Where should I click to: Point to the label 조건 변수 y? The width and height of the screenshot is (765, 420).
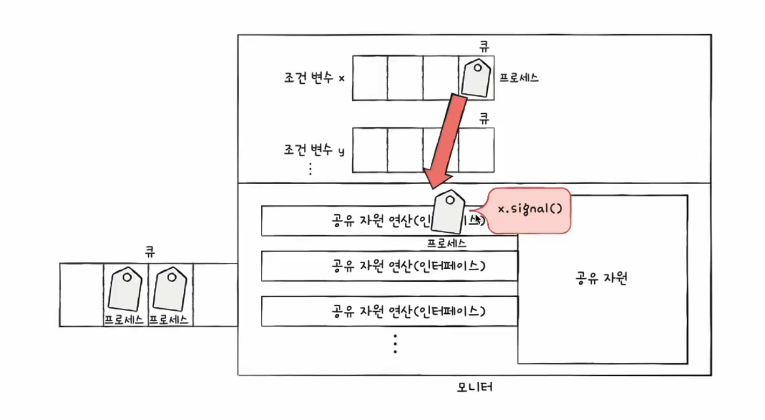point(314,151)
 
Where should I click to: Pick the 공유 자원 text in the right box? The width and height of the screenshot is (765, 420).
point(602,279)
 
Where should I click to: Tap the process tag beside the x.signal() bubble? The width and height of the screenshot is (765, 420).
point(448,213)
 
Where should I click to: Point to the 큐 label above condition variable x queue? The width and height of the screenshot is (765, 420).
point(484,46)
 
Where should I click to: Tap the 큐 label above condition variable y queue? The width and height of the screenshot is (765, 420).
point(484,119)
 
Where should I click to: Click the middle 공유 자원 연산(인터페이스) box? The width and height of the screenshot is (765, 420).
point(389,266)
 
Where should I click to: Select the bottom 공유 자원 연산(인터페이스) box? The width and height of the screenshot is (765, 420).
point(389,311)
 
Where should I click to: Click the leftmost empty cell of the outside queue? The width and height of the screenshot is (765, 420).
point(82,295)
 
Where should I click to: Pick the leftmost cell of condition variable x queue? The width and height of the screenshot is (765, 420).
point(370,78)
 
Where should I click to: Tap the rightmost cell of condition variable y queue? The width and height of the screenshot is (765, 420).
point(476,150)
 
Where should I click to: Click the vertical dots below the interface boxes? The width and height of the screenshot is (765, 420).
point(395,344)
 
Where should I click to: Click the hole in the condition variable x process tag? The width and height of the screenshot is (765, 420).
point(477,67)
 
